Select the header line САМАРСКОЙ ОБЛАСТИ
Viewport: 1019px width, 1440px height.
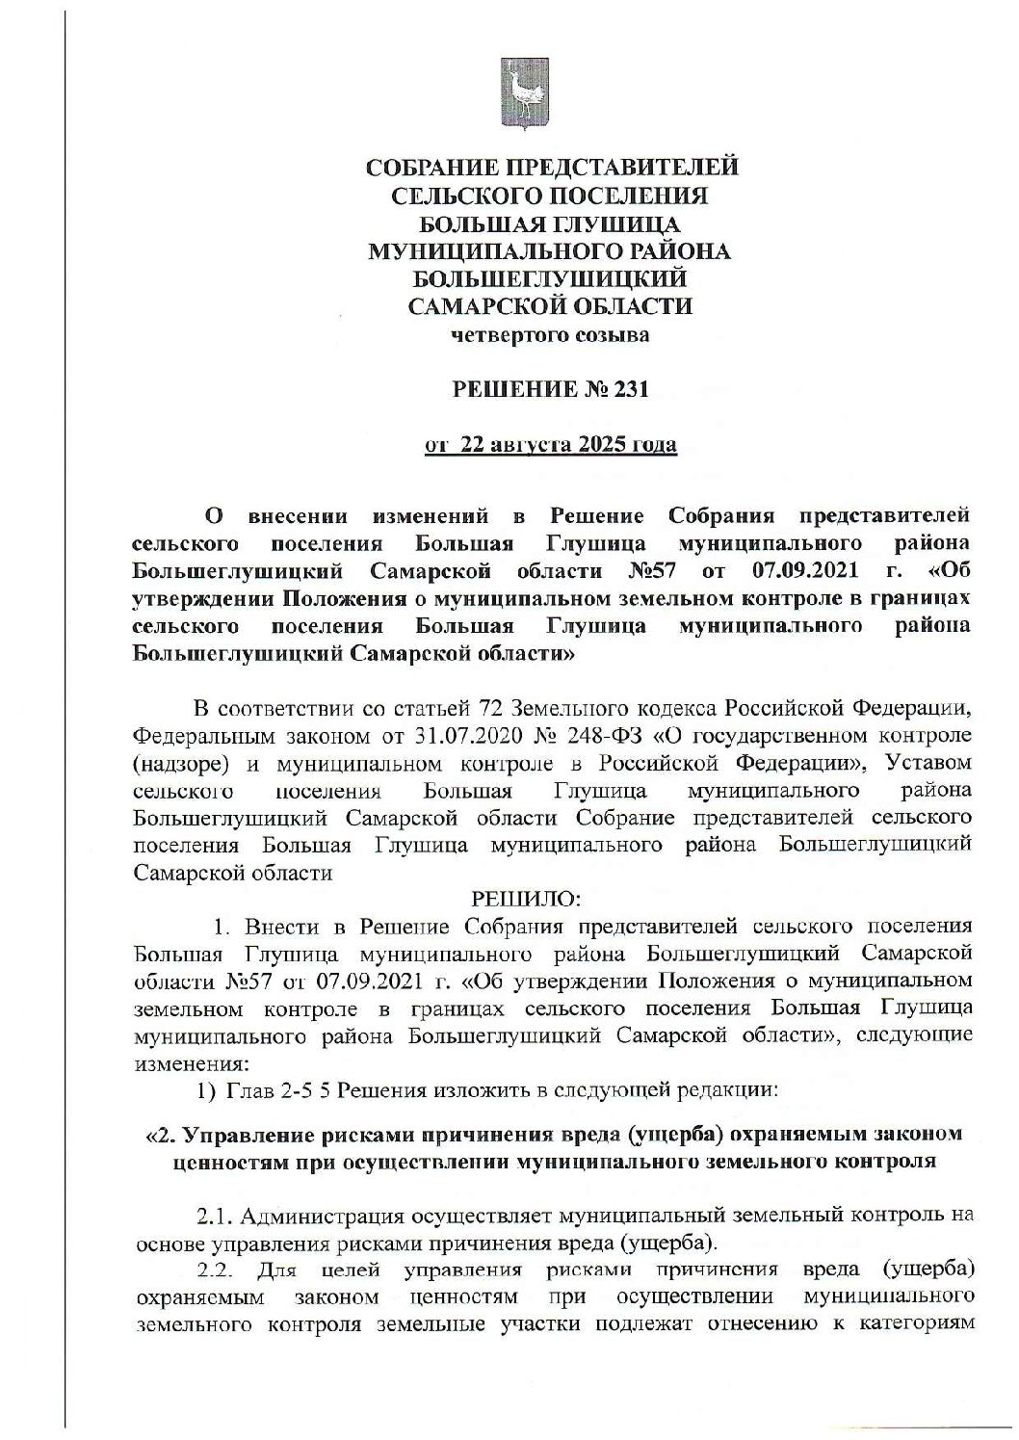(x=550, y=307)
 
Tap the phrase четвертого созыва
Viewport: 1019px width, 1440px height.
(x=550, y=335)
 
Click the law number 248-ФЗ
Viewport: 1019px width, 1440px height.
(x=588, y=737)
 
